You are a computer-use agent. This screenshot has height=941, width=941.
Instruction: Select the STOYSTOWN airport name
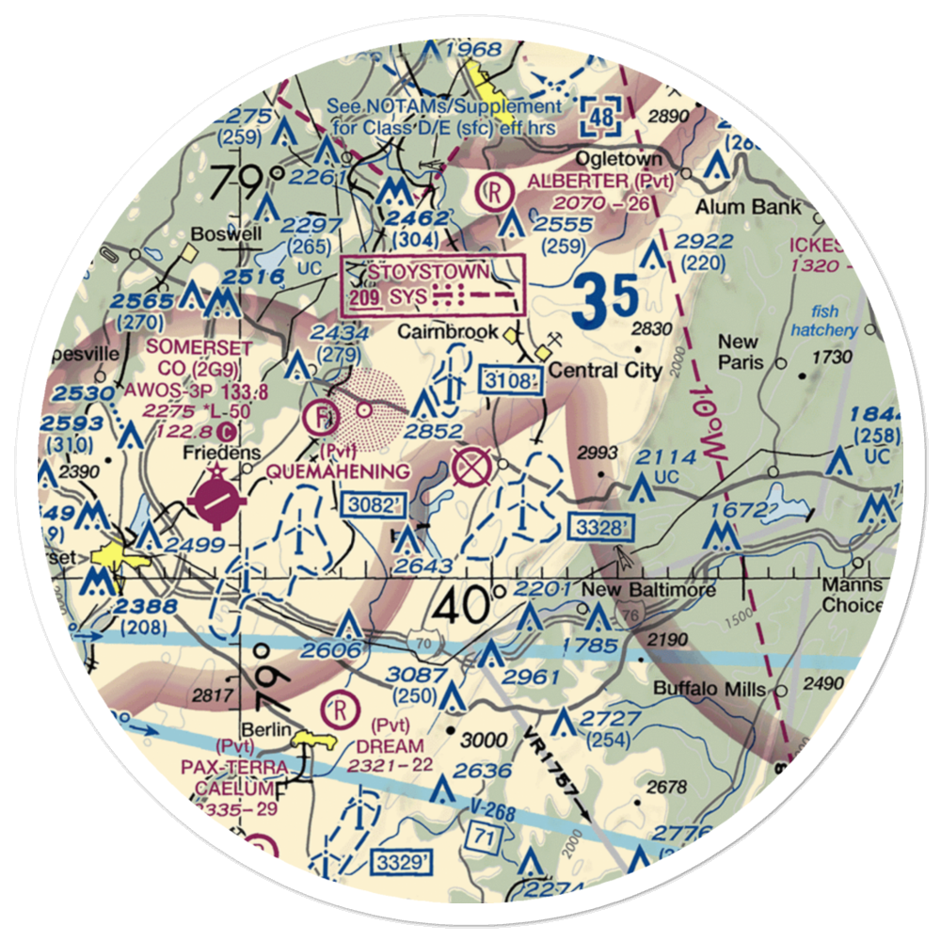click(429, 272)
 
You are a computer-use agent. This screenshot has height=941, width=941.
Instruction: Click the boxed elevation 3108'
click(514, 381)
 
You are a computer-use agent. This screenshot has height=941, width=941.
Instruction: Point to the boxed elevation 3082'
click(374, 505)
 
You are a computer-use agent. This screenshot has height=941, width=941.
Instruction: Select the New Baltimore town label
click(647, 591)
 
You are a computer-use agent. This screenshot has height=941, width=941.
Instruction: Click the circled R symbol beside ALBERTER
click(492, 193)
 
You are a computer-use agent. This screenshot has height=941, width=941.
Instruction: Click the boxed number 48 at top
click(600, 117)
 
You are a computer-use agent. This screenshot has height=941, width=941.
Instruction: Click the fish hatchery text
click(824, 321)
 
